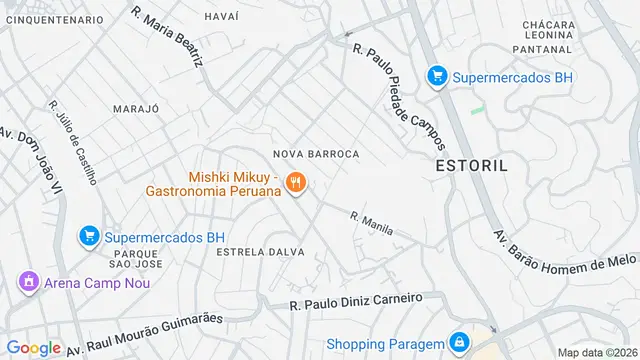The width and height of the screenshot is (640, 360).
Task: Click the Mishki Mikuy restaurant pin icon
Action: coord(295,183)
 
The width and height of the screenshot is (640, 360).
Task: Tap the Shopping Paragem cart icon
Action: coord(458,343)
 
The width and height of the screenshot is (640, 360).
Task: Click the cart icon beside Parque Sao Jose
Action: coord(89,237)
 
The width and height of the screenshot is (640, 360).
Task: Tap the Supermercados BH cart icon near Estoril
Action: coord(436,76)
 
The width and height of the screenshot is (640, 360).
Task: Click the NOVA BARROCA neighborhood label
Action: coord(316,153)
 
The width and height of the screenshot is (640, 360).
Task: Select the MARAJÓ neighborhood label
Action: coord(136,108)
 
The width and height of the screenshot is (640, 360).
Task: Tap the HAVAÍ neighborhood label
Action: coord(221,17)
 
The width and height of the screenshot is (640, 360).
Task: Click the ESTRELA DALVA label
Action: coord(260,252)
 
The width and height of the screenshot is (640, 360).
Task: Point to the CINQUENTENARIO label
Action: coord(52,19)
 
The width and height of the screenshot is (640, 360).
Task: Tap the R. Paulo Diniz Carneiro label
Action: coord(356,301)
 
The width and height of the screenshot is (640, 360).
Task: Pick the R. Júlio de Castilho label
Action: coord(72,142)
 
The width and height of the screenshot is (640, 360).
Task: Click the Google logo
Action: coord(34,348)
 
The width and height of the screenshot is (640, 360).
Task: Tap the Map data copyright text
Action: coord(597,352)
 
